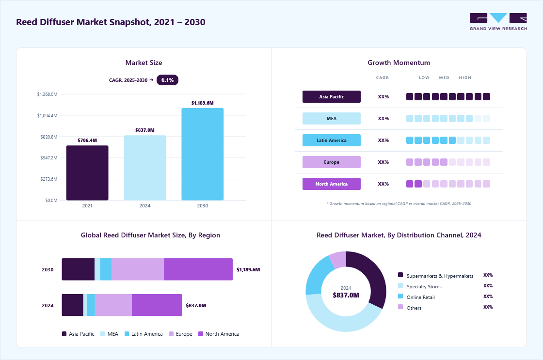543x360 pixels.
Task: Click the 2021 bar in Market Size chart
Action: tap(87, 172)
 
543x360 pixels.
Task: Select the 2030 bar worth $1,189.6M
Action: tap(203, 154)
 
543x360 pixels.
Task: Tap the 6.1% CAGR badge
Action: tap(167, 80)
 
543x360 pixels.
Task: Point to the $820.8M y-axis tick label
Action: tap(49, 137)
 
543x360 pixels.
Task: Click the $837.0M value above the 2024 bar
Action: tap(145, 130)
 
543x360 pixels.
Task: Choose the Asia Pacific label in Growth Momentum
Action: tap(332, 96)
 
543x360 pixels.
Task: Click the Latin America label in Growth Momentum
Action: tap(332, 140)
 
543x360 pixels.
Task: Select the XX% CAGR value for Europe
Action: tap(383, 162)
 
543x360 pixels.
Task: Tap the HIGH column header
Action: tap(465, 78)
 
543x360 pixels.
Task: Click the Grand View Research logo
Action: tap(498, 21)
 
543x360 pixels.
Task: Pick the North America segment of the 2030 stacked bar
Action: tap(198, 269)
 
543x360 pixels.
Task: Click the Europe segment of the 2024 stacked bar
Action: tap(113, 305)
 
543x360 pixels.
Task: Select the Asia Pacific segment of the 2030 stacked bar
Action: tap(78, 269)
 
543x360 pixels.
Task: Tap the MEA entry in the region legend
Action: tap(110, 334)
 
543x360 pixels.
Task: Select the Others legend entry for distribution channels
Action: tap(410, 308)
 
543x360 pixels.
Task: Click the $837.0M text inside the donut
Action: tap(346, 295)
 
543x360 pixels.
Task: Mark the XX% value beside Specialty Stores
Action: tap(488, 286)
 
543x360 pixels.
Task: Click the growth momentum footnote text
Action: tap(399, 203)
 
